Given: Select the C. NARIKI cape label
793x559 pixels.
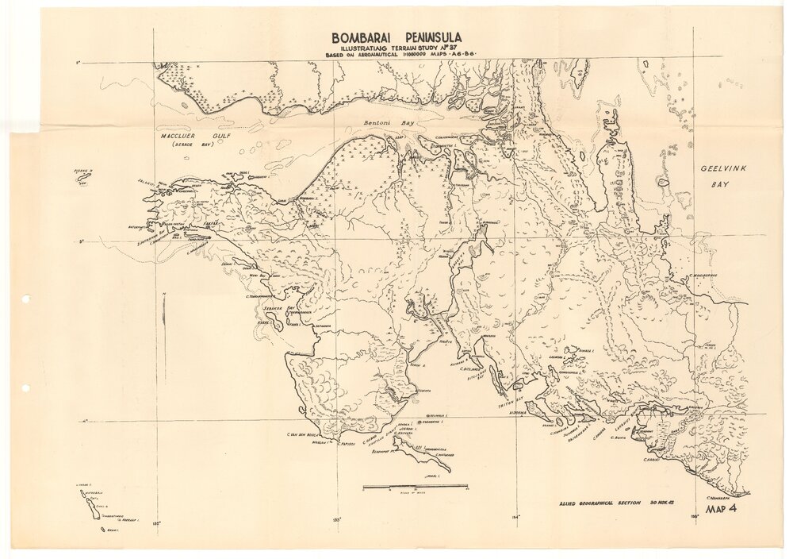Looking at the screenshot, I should tap(651, 457).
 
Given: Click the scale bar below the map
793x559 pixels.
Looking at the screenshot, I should tap(415, 486).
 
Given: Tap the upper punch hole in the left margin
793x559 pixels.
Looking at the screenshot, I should tap(25, 299).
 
